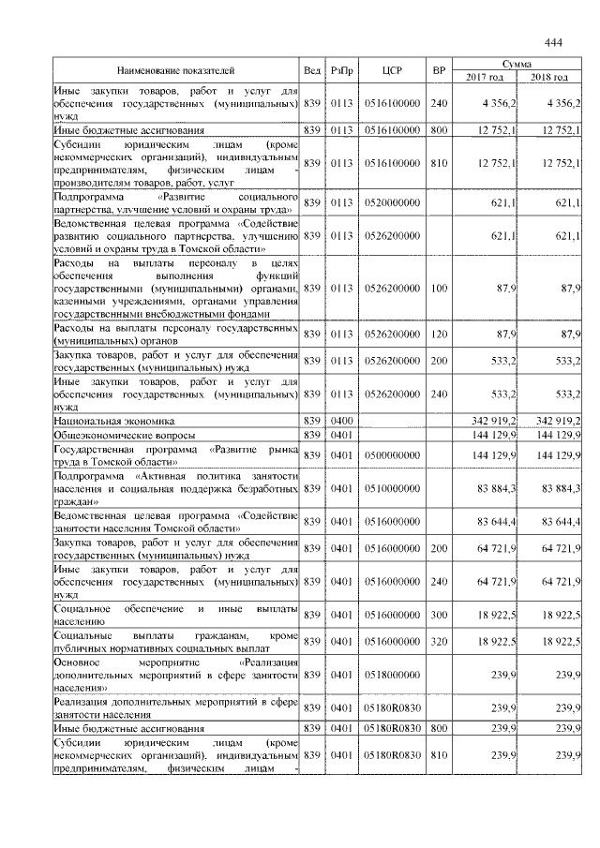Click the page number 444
pyautogui.click(x=552, y=43)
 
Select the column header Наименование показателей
pyautogui.click(x=175, y=71)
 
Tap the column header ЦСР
pyautogui.click(x=393, y=71)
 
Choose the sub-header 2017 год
pyautogui.click(x=485, y=77)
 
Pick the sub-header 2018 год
pyautogui.click(x=549, y=77)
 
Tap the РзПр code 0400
pyautogui.click(x=341, y=422)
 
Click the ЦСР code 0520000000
pyautogui.click(x=393, y=203)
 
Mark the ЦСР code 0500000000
pyautogui.click(x=393, y=454)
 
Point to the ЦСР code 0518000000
pyautogui.click(x=393, y=673)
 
